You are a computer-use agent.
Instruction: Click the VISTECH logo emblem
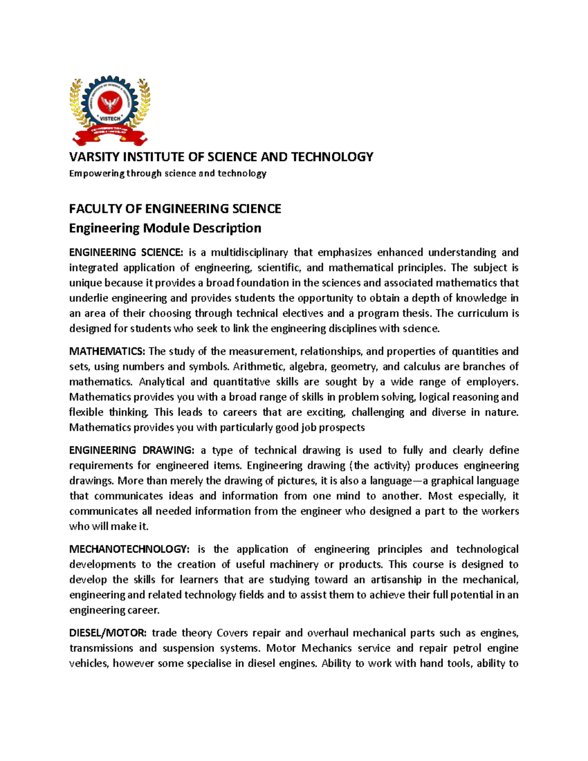click(110, 111)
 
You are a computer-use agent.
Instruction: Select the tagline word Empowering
click(97, 173)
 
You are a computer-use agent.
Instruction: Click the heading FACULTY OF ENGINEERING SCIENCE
click(175, 209)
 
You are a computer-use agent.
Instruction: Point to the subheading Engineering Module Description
click(165, 228)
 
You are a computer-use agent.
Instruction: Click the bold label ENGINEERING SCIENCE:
click(126, 252)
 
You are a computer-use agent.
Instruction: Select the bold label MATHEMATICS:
click(107, 351)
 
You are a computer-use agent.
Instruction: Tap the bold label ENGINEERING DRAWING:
click(132, 450)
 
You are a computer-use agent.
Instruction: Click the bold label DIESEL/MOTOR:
click(108, 633)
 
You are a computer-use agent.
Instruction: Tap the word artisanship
click(396, 580)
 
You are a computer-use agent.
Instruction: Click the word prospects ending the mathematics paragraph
click(342, 428)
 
